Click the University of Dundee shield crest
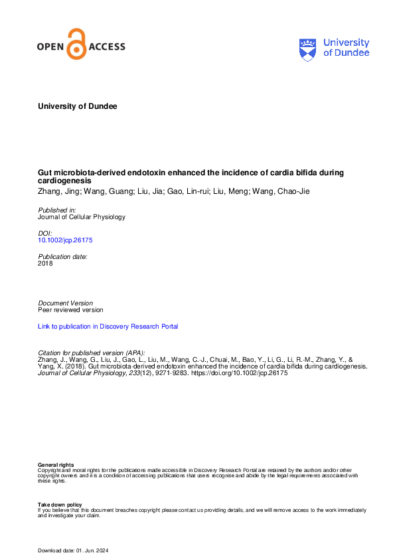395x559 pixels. tap(308, 48)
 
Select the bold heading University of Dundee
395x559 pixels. tap(78, 106)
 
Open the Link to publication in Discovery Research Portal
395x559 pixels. tap(108, 326)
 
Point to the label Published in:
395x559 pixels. tap(57, 210)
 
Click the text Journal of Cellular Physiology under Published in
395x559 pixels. tap(82, 217)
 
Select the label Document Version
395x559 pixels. tap(66, 303)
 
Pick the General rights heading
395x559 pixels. tap(56, 465)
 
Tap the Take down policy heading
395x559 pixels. tap(60, 505)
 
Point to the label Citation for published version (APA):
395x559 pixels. tap(92, 352)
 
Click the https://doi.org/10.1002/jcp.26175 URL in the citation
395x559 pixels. tap(240, 373)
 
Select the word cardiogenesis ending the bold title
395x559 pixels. tap(65, 181)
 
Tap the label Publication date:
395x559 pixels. tap(62, 256)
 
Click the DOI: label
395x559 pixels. tap(45, 234)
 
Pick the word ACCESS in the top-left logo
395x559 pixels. tap(106, 47)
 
